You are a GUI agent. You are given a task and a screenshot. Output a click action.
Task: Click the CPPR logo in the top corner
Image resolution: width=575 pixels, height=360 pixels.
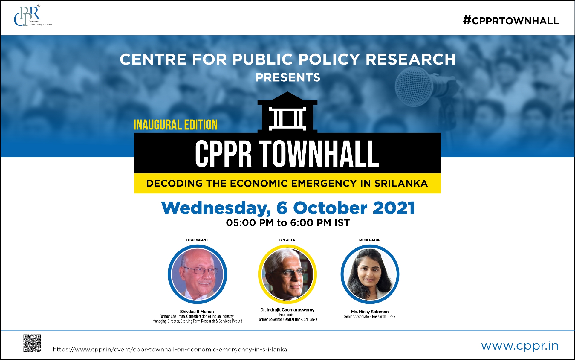32,16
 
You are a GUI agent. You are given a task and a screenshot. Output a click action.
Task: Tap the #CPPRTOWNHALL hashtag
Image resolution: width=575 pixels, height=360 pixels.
511,21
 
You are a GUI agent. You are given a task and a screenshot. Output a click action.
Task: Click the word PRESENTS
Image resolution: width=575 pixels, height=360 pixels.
288,78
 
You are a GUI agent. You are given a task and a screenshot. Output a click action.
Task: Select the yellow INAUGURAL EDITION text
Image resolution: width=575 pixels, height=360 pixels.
175,125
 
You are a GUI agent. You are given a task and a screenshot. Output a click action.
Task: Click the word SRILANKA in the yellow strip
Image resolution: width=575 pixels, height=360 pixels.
401,183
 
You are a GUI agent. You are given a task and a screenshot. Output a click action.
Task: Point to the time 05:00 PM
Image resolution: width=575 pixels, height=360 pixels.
250,223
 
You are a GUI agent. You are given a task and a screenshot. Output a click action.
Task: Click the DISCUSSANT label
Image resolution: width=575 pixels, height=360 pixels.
197,240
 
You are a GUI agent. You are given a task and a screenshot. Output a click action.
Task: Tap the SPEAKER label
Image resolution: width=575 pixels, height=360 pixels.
287,240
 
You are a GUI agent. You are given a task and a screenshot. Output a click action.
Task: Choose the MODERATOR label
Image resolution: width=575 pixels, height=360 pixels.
370,240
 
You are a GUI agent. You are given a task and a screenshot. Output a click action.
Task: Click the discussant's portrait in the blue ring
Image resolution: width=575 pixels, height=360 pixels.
197,274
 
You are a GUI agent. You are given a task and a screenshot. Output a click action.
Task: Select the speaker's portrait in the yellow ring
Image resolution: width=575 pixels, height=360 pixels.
287,274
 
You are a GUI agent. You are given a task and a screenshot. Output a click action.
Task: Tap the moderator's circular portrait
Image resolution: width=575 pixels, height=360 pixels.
370,274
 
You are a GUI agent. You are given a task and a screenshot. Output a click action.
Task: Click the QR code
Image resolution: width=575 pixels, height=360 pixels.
32,343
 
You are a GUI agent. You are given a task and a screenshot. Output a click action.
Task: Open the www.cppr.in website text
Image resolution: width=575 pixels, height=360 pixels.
519,346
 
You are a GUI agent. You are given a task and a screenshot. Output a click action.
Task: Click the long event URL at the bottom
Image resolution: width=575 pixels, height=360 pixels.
170,349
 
